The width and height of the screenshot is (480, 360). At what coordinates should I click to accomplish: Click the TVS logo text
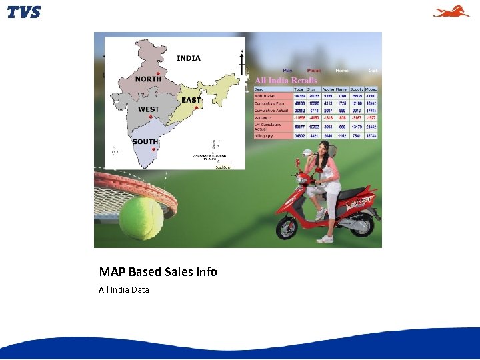[24, 12]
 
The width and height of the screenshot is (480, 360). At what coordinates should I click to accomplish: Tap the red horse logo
[451, 11]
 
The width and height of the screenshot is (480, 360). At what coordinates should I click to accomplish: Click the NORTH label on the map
[148, 79]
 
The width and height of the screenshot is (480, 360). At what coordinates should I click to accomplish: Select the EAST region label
[191, 100]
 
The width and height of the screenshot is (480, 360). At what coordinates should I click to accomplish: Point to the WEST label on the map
[148, 109]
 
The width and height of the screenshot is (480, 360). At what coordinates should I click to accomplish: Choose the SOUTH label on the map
[145, 141]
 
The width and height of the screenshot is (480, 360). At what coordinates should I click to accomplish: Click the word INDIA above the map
[188, 58]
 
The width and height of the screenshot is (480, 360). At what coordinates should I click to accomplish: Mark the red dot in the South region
[154, 149]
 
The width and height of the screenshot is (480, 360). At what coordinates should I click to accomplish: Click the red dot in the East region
[196, 107]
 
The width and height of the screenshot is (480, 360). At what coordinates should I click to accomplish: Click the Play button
[287, 70]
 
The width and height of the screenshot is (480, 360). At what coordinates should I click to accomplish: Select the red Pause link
[313, 70]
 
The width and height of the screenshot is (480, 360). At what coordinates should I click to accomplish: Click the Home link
[341, 70]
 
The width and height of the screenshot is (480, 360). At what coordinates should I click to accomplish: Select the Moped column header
[371, 89]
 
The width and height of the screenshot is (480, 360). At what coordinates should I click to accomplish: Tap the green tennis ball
[141, 218]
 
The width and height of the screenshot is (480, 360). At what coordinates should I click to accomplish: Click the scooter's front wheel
[291, 225]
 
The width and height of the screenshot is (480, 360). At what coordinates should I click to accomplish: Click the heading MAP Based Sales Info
[158, 271]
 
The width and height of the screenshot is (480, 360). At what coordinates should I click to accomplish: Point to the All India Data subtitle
[124, 289]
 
